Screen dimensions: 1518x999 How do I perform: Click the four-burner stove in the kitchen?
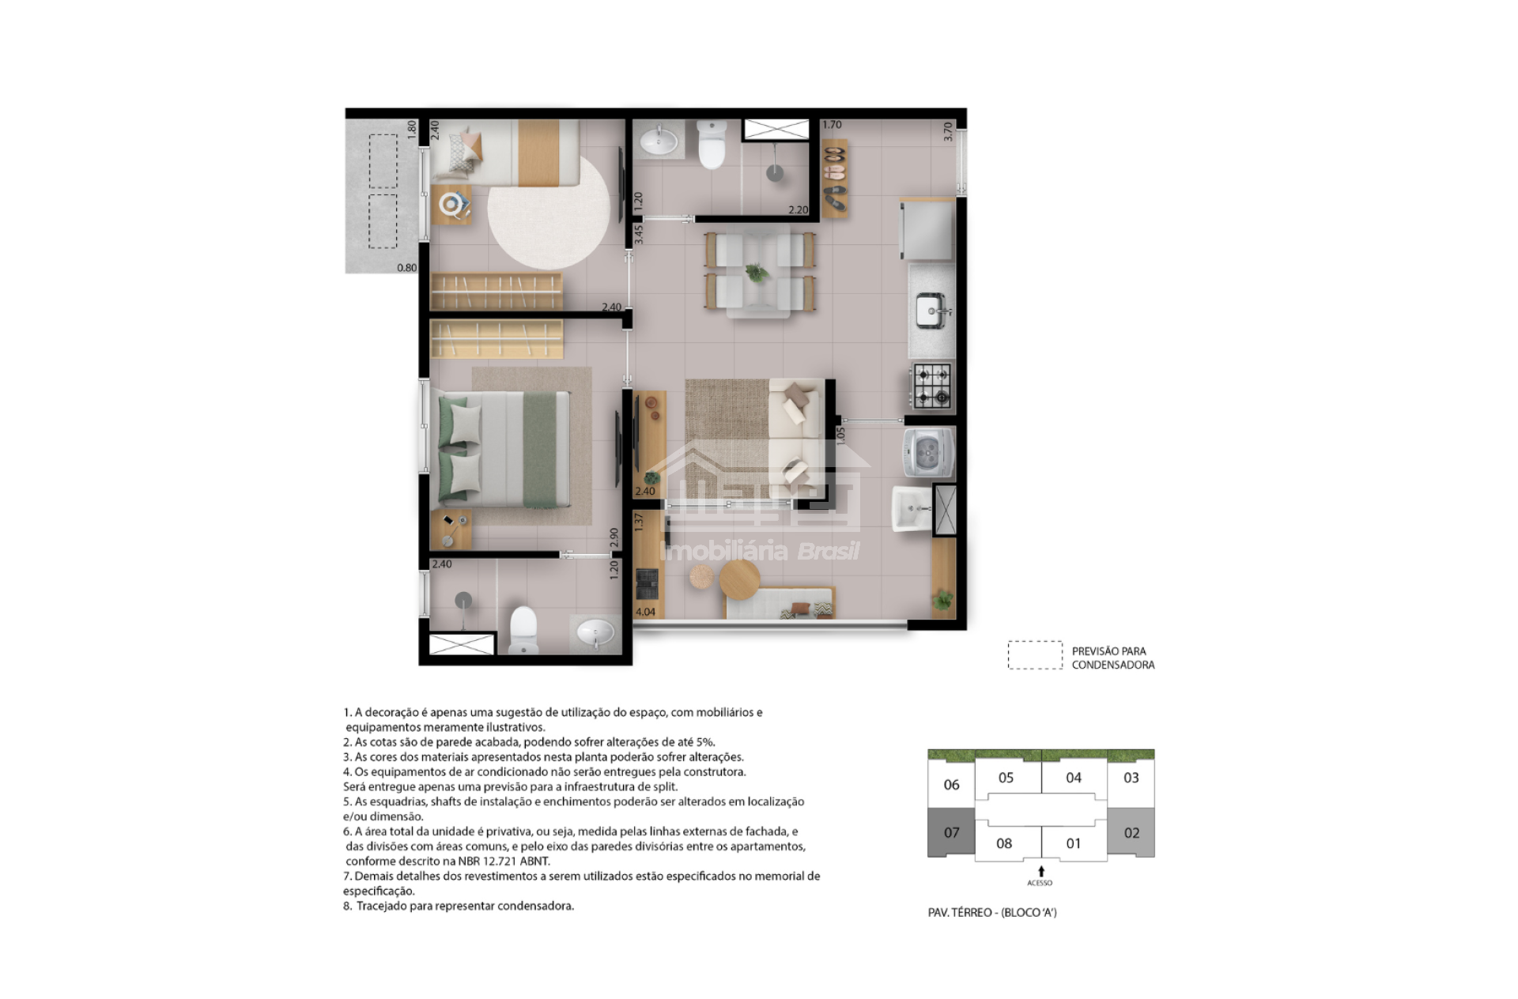pyautogui.click(x=932, y=386)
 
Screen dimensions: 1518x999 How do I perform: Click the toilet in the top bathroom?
pyautogui.click(x=712, y=145)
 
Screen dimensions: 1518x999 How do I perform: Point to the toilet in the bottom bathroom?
pyautogui.click(x=523, y=630)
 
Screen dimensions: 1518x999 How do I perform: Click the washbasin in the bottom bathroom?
pyautogui.click(x=595, y=632)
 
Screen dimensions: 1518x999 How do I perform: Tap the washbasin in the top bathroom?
pyautogui.click(x=658, y=141)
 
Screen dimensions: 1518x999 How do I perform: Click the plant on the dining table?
pyautogui.click(x=757, y=273)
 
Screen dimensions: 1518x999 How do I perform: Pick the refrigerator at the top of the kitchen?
pyautogui.click(x=928, y=229)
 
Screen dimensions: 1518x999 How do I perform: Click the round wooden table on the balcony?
pyautogui.click(x=739, y=580)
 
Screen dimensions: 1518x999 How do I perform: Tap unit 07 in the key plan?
pyautogui.click(x=951, y=832)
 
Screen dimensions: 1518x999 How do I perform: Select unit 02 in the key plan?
pyautogui.click(x=1131, y=832)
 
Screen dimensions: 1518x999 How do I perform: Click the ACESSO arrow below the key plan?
pyautogui.click(x=1040, y=872)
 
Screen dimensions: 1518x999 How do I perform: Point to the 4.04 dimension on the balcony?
pyautogui.click(x=645, y=612)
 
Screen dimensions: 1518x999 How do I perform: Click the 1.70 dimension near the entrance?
pyautogui.click(x=832, y=125)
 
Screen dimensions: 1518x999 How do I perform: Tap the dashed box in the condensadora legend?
pyautogui.click(x=1035, y=655)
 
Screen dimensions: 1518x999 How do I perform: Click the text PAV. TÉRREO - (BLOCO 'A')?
pyautogui.click(x=992, y=912)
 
